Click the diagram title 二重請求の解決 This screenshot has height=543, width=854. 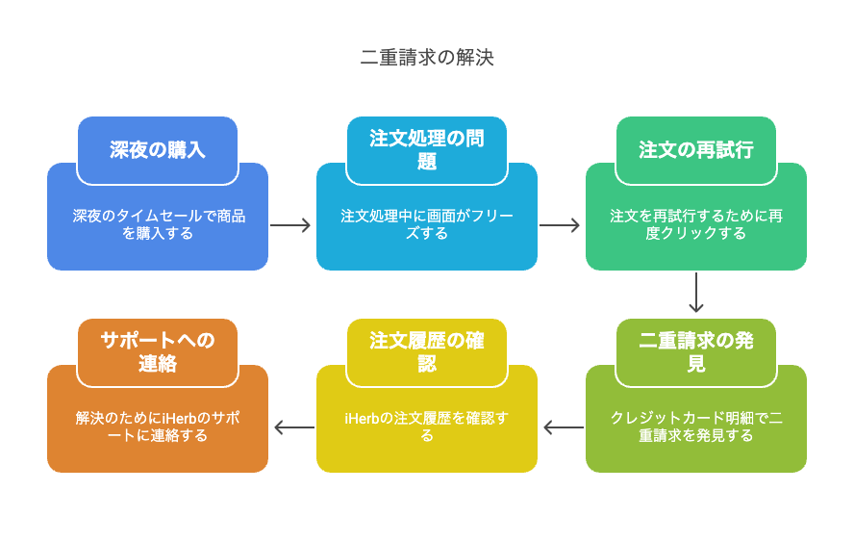coord(427,57)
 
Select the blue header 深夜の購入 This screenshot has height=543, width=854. coord(158,150)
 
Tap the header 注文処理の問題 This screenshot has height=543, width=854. coord(427,150)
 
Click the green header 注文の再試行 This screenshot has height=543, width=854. coord(696,150)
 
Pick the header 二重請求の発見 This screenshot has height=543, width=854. coord(696,352)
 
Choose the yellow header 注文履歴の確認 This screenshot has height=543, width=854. coord(427,352)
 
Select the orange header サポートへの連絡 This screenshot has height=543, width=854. coord(158,352)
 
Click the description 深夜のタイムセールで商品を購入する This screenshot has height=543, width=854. coord(159,224)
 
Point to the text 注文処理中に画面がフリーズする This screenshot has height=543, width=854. coord(427,224)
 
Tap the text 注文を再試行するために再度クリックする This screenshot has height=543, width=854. coord(696,224)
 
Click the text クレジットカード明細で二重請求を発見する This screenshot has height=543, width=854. coord(696,427)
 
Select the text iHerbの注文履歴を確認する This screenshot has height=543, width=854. coord(427,427)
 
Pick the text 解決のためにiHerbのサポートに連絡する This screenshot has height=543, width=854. coord(158,427)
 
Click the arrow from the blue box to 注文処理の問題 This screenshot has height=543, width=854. coord(290,225)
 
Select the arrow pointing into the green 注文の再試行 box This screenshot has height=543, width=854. coord(560,225)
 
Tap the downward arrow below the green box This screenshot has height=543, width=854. coord(696,293)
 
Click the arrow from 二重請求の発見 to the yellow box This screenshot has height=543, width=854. coord(564,427)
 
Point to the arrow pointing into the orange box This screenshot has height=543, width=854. coord(294,427)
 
